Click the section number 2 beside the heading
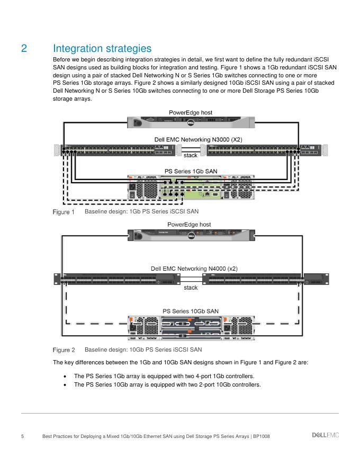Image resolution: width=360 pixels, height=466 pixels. click(24, 49)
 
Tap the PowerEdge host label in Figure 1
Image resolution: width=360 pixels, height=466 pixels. click(191, 112)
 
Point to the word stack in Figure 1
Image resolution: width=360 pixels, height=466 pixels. click(191, 155)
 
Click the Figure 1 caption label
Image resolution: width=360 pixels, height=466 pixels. click(64, 212)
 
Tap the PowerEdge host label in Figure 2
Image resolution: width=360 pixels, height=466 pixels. click(189, 225)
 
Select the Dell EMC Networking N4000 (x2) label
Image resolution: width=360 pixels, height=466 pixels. click(194, 268)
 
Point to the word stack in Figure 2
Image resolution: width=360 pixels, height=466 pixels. click(191, 288)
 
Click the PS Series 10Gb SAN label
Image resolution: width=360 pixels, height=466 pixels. click(190, 311)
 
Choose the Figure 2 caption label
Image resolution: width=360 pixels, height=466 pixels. click(64, 350)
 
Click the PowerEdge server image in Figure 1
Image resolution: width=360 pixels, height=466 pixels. click(191, 122)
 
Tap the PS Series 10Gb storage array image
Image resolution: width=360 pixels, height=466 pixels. click(190, 327)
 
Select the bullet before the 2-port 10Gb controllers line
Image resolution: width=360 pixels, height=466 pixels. click(64, 385)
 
